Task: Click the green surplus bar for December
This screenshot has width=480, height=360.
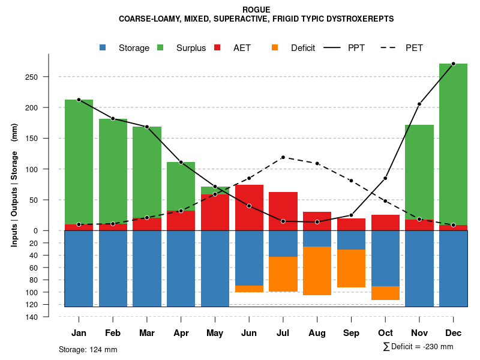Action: pos(453,144)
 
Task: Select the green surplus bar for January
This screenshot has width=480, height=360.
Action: pos(79,162)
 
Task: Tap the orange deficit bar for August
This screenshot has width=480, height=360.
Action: pos(317,271)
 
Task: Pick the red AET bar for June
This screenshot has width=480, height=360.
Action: pos(249,208)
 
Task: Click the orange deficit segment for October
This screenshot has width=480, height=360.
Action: pos(385,293)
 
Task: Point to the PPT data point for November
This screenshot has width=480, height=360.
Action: pos(419,104)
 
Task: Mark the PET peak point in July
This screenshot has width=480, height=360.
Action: pos(283,157)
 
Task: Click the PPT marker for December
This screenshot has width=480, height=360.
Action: pos(453,64)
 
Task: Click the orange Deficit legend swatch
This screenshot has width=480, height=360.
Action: pos(275,48)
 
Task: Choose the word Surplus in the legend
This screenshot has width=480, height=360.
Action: pos(191,48)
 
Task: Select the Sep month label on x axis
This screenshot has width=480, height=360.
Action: pos(351,333)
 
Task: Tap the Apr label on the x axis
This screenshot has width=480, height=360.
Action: pos(181,333)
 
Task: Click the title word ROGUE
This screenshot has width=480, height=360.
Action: pos(256,10)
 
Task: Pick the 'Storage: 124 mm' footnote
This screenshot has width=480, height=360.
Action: pos(88,349)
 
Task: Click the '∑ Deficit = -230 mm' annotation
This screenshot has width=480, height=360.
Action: pos(418,347)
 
